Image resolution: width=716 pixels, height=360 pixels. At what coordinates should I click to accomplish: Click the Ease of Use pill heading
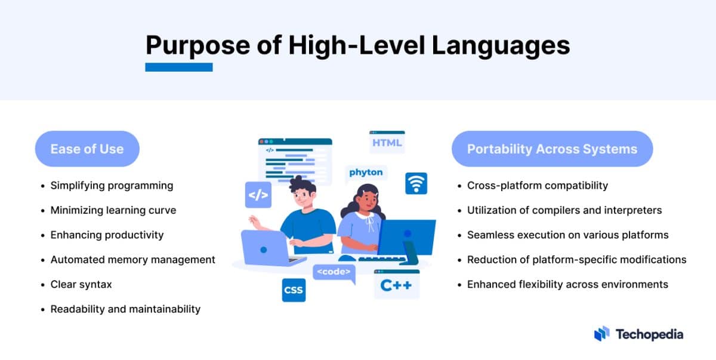(87, 149)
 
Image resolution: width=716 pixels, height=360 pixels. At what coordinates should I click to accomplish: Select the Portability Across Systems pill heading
(552, 149)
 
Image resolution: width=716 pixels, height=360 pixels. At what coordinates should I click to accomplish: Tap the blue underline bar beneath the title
(179, 67)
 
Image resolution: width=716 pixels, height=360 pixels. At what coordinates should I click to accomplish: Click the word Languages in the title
(501, 45)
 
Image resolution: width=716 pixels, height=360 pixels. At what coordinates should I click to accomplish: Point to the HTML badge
(387, 142)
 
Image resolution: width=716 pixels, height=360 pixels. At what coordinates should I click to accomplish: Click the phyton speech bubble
(366, 173)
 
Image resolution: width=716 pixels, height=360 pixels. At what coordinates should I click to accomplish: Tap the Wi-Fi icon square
(416, 183)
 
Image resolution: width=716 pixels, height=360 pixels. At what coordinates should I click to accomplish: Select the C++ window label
(396, 285)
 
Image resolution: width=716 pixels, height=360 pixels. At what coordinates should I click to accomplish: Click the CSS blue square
(294, 290)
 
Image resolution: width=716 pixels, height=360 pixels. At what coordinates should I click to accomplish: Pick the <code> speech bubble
(334, 272)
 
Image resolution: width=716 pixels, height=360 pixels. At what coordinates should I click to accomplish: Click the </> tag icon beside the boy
(258, 195)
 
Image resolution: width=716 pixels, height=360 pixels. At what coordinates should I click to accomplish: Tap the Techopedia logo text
(649, 334)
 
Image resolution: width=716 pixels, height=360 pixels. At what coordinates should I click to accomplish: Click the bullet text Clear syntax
(81, 284)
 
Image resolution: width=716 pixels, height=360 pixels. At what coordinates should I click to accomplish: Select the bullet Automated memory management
(132, 260)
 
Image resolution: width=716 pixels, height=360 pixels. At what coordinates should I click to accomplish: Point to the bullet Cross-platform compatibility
(537, 185)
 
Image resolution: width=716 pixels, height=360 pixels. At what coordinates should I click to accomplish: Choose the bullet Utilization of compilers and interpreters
(564, 210)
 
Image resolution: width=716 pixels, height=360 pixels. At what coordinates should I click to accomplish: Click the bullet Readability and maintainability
(125, 309)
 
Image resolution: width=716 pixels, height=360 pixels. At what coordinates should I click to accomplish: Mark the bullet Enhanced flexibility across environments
(567, 284)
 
